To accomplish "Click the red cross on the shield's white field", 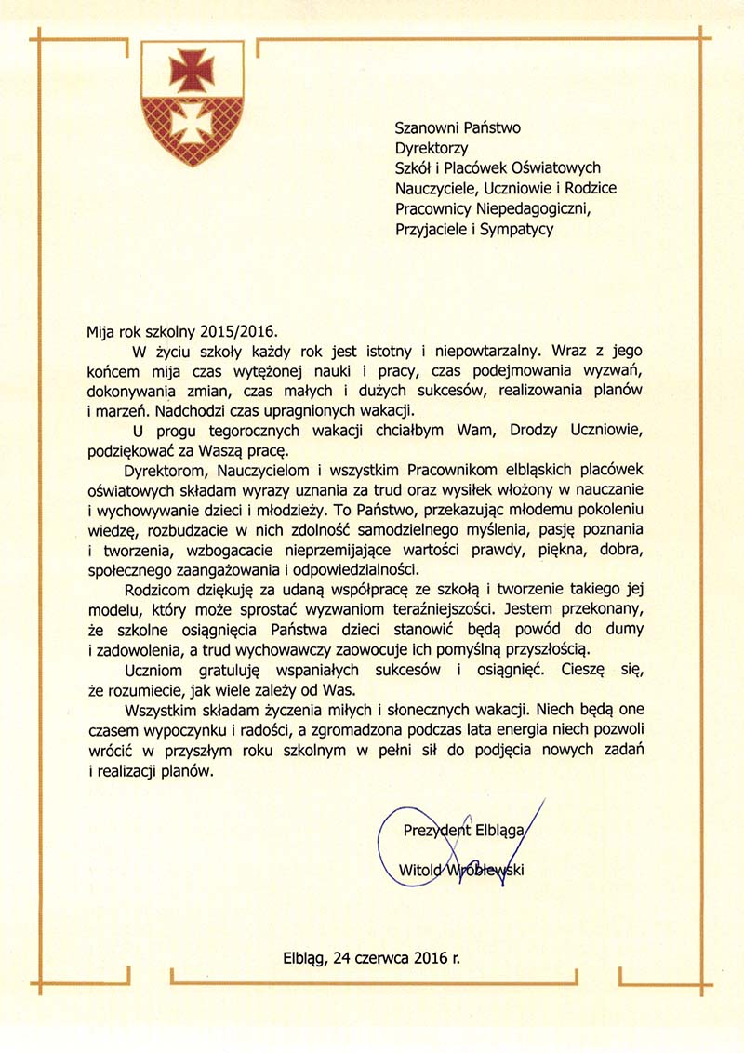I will pos(192,69).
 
